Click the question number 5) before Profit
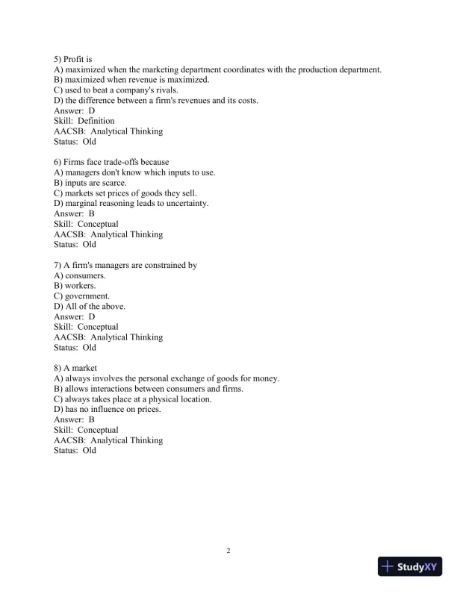coord(58,58)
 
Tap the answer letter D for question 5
coord(92,110)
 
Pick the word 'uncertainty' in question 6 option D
coord(186,203)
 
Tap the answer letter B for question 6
coord(92,213)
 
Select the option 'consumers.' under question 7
coord(86,275)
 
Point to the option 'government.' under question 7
coord(88,296)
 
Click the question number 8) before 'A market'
coord(58,368)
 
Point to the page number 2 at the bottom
coord(228,551)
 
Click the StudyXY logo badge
coord(410,566)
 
